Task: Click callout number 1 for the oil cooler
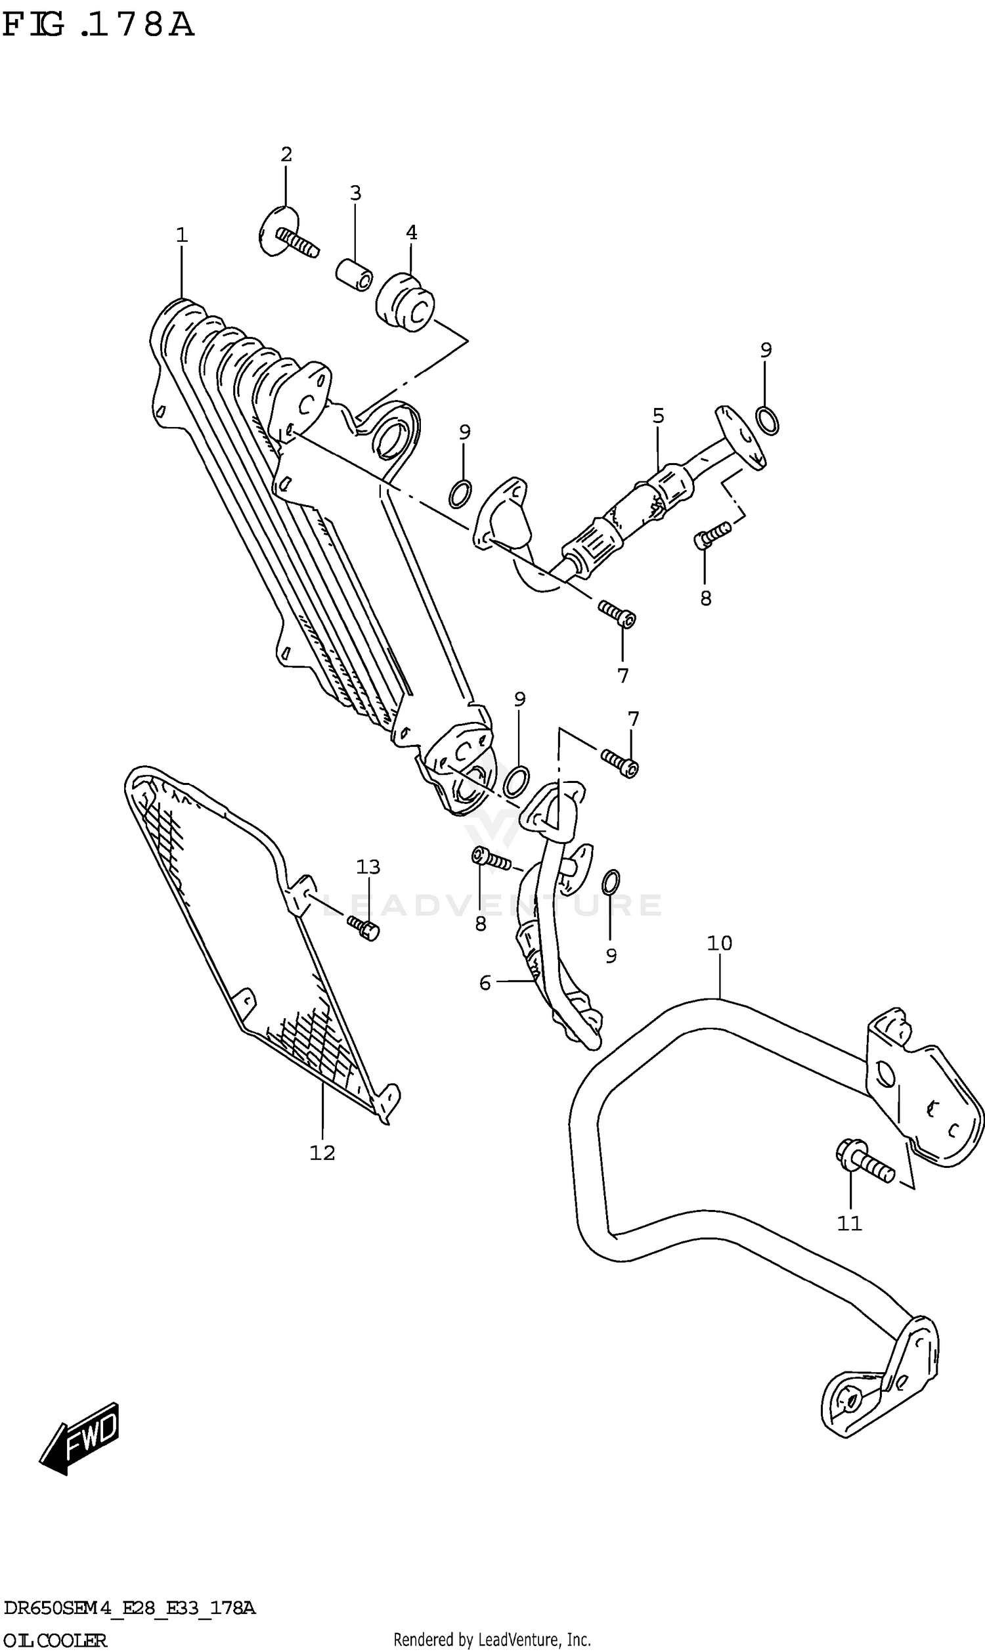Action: pyautogui.click(x=182, y=235)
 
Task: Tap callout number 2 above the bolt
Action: pyautogui.click(x=286, y=154)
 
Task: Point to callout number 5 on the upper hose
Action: pyautogui.click(x=658, y=416)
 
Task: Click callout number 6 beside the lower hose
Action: pyautogui.click(x=485, y=982)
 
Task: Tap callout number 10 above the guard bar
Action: pyautogui.click(x=719, y=943)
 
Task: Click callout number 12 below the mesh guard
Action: pyautogui.click(x=322, y=1153)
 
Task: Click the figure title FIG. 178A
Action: pyautogui.click(x=98, y=25)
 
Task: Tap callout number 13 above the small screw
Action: pyautogui.click(x=368, y=867)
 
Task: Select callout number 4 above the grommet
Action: pyautogui.click(x=411, y=233)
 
